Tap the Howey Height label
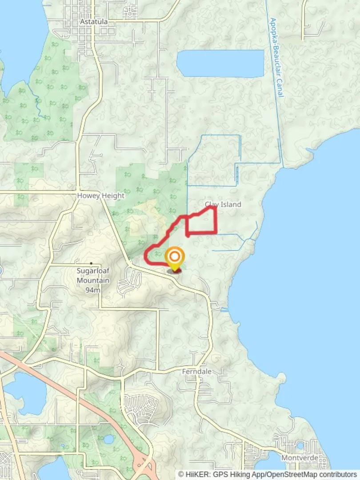click(x=101, y=196)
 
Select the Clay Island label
click(x=223, y=204)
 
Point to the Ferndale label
click(x=197, y=371)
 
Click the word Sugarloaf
click(x=93, y=272)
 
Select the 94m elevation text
click(x=93, y=290)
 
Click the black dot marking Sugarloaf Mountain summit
click(x=91, y=264)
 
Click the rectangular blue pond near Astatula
click(x=220, y=64)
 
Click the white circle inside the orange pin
click(x=175, y=256)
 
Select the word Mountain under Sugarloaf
click(x=93, y=280)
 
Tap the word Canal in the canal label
click(x=281, y=89)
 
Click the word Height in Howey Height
click(x=113, y=196)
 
